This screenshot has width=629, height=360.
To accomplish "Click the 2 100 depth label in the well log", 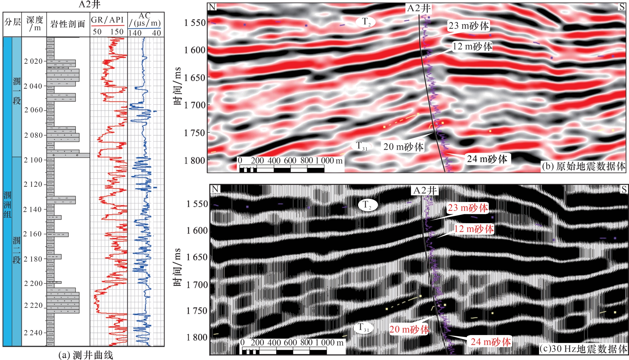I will (33, 160).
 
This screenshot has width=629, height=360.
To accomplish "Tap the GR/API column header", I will (107, 20).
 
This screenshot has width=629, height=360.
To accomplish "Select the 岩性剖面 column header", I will (68, 24).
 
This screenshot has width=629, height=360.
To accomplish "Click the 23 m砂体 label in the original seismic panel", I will (468, 26).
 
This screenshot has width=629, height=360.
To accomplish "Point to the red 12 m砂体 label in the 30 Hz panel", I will (474, 229).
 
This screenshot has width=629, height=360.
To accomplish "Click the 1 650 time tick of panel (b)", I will (194, 77).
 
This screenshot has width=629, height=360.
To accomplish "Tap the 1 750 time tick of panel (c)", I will (197, 311).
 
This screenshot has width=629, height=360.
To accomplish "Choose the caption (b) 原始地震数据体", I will (583, 166).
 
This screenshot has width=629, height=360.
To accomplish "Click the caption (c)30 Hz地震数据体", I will (583, 348).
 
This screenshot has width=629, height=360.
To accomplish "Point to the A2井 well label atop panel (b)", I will (419, 8).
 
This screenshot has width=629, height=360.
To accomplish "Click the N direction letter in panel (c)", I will (215, 189).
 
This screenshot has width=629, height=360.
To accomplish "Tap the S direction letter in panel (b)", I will (622, 7).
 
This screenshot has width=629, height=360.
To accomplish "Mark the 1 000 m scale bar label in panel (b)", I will (329, 160).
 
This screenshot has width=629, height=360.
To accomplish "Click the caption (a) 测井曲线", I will (86, 355).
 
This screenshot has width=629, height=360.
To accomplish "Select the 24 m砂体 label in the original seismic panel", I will (487, 159).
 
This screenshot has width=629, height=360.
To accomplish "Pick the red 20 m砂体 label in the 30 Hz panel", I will (409, 329).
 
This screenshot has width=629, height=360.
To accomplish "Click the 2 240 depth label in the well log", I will (33, 333).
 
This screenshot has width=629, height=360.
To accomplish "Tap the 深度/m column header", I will (34, 24).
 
